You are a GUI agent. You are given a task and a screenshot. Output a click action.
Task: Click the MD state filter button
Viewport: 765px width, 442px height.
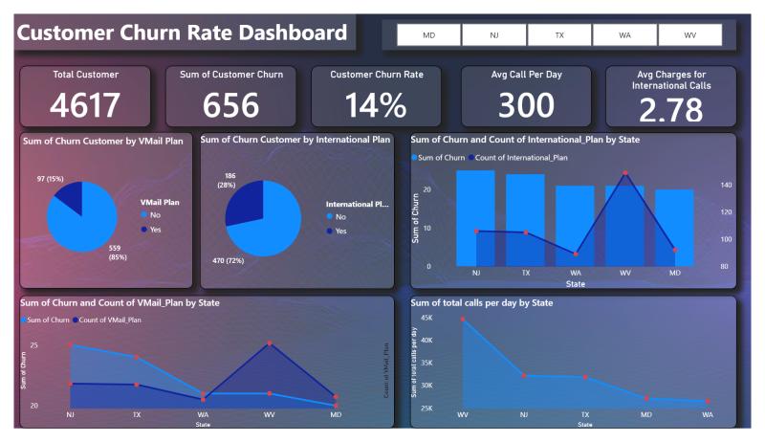428,35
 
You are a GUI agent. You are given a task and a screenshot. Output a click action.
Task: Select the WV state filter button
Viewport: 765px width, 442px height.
689,35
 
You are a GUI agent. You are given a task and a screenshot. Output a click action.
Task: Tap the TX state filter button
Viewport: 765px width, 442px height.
559,35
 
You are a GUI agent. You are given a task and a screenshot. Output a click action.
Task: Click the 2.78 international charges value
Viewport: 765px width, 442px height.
670,111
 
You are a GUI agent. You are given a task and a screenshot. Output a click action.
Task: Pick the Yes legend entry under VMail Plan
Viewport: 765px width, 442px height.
149,230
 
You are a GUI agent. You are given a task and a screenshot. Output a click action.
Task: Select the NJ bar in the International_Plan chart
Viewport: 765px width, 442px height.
475,217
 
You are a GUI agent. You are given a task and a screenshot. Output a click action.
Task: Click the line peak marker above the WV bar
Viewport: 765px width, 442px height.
625,173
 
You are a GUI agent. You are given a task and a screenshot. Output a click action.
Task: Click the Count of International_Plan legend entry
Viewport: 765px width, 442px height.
521,156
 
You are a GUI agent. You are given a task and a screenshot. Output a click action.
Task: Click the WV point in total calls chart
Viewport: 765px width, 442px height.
464,319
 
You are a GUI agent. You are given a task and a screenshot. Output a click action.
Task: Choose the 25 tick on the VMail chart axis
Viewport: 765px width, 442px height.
34,345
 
